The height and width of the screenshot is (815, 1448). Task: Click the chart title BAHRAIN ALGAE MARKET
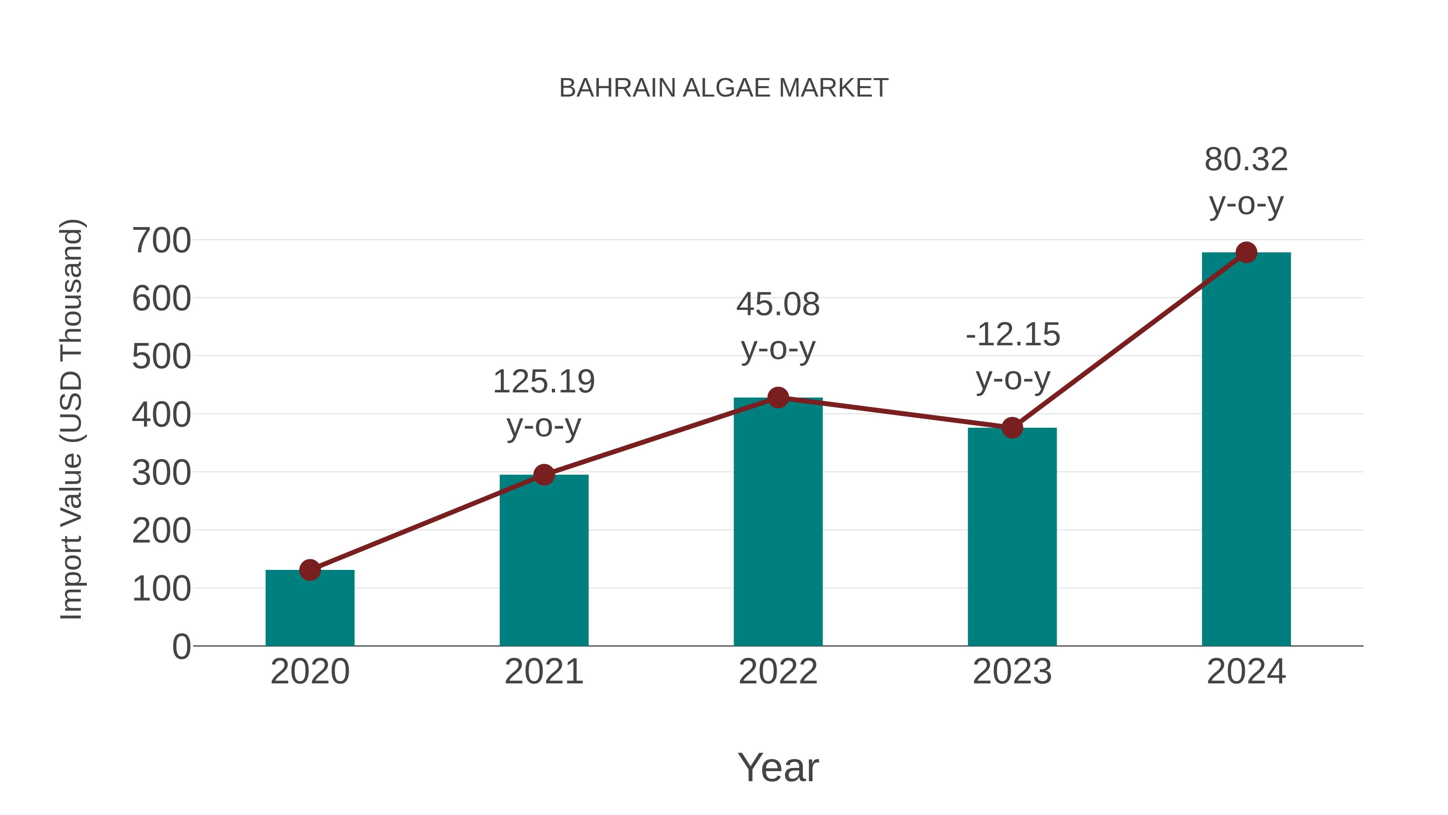tap(724, 88)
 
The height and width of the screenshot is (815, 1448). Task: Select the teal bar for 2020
tap(310, 610)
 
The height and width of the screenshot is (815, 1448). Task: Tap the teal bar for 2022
tap(778, 523)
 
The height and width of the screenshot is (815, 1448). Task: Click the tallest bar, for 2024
tap(1246, 450)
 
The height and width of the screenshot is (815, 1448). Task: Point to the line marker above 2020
tap(310, 570)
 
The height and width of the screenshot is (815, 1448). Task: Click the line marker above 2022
tap(778, 398)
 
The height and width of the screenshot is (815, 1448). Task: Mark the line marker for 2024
tap(1246, 252)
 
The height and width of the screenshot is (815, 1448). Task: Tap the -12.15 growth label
tap(1012, 335)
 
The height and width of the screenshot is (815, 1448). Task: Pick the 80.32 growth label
tap(1246, 160)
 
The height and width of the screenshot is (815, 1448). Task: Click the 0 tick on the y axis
tap(181, 646)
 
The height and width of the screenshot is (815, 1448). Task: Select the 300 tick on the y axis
tap(161, 473)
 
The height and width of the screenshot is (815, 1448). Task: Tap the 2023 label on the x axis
tap(1012, 672)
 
